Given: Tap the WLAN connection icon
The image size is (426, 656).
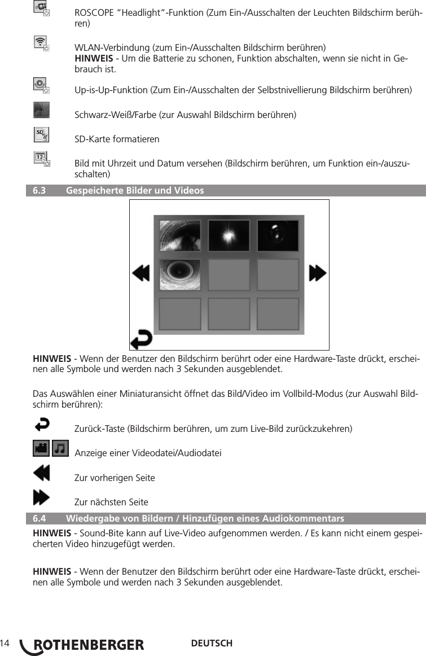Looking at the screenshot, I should coord(41,42).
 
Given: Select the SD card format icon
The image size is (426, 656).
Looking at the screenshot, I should coord(41,135).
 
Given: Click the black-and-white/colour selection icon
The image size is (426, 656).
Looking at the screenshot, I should coord(41,110).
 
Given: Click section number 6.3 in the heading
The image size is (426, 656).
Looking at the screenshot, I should coord(39,191).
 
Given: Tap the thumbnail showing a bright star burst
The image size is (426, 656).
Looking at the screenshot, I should coord(229,235).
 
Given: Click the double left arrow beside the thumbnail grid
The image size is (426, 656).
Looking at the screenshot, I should coord(141,274).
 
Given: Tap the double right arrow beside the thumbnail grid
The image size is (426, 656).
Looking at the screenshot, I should coord(318,274).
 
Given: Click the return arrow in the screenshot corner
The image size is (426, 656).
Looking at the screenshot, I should coord(141,340).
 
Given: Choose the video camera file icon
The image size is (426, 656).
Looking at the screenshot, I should coord(41,449).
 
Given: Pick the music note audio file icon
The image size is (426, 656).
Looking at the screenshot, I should coord(60,449).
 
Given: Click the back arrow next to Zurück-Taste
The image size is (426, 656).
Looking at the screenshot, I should coord(42,423).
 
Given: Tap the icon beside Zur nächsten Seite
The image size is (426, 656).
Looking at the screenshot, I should coord(41,497).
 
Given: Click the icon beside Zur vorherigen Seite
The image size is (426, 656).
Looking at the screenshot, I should coord(41,473).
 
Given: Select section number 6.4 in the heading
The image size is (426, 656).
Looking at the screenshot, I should coord(39,518).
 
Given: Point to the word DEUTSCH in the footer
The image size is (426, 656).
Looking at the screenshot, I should coord(212,644).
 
